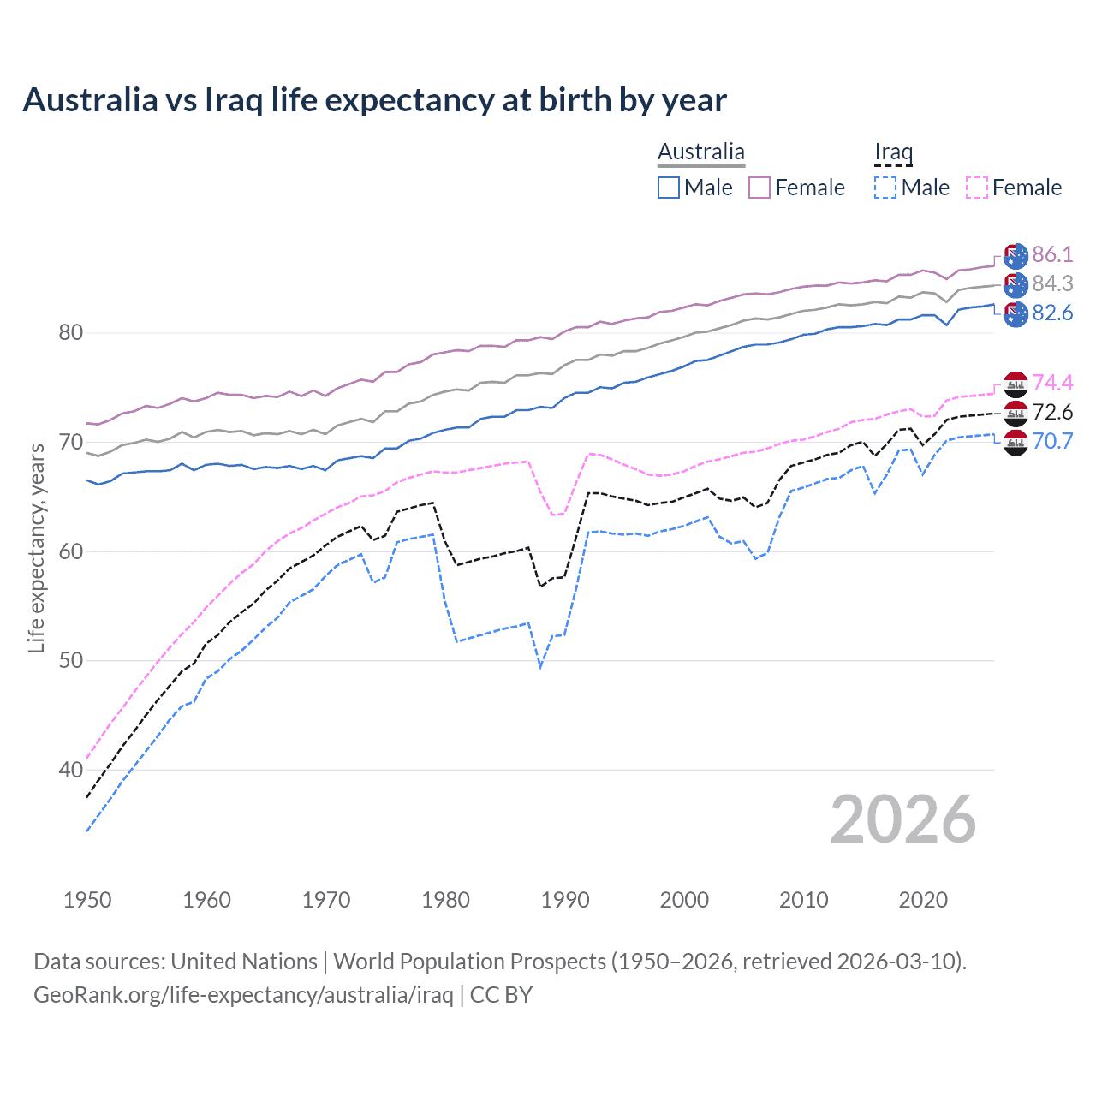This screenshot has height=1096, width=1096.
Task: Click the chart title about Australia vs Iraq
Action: [x=374, y=100]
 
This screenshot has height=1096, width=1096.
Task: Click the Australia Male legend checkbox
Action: [x=669, y=188]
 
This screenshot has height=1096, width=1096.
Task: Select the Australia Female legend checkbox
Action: [x=759, y=188]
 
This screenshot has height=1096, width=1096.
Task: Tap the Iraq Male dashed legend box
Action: [x=885, y=188]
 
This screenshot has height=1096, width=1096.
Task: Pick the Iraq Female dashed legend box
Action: [x=977, y=188]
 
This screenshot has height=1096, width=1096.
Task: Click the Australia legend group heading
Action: [x=701, y=152]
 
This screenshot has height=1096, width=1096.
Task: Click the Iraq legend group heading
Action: [x=893, y=152]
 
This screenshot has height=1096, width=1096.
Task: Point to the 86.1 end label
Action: [x=1052, y=254]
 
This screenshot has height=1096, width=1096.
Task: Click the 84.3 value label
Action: [x=1052, y=283]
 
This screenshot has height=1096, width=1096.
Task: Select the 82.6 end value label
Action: [x=1052, y=313]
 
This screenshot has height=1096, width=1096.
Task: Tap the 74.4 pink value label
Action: [x=1052, y=383]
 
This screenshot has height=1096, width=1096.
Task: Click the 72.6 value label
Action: [x=1052, y=412]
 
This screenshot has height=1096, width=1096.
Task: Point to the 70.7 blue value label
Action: [x=1052, y=441]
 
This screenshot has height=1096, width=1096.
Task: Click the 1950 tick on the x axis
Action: [x=87, y=900]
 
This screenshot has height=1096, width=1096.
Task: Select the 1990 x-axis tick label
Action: [x=565, y=900]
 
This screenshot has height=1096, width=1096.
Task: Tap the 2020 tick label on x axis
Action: [x=923, y=900]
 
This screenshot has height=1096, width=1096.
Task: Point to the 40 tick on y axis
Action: [x=70, y=770]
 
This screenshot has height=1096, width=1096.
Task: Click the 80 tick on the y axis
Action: [x=70, y=333]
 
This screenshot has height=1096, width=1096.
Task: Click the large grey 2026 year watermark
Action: [x=903, y=819]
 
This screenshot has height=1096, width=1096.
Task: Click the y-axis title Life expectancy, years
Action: [x=37, y=548]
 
